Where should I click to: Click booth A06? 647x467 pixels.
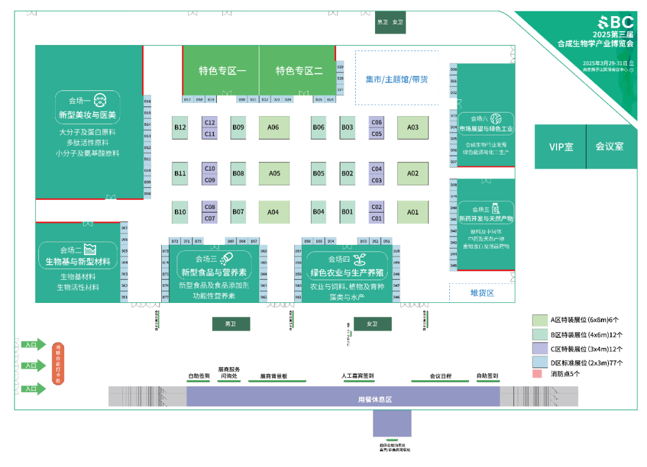point(274,127)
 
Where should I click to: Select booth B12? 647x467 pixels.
point(180,127)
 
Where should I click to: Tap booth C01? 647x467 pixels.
point(376,219)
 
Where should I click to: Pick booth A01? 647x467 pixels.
point(413,212)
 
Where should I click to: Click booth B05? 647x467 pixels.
point(319,174)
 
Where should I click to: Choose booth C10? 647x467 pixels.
point(210,168)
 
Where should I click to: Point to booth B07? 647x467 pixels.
point(238,212)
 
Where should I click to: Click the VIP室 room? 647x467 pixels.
point(560,147)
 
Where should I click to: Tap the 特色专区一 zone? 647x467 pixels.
point(222,71)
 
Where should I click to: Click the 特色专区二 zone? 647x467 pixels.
point(298,71)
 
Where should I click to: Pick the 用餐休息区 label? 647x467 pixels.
point(375,399)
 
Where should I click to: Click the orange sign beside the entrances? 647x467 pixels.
point(58,363)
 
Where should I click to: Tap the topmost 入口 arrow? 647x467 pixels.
point(33,344)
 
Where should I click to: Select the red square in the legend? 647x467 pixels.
point(537,374)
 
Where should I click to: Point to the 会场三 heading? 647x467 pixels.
point(207,259)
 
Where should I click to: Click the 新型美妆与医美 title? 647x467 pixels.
point(87,114)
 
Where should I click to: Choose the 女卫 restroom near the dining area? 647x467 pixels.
point(372,324)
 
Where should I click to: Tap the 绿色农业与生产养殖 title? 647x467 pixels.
point(346,273)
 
